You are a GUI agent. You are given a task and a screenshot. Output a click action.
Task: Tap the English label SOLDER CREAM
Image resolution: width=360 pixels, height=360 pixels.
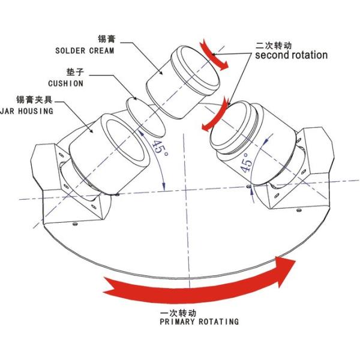point(85,51)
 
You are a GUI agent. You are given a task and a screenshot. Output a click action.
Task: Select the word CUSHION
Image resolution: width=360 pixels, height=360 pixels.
point(65,83)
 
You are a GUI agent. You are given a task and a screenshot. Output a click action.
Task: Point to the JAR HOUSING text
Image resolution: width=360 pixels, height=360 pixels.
point(26,112)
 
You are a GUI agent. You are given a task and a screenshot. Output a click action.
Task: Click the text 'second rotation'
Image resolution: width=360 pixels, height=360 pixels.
point(292,55)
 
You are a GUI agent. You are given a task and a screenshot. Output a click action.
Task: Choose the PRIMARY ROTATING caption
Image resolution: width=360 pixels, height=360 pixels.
point(199,322)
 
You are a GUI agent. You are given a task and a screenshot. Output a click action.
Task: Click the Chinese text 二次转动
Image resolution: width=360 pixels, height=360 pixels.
point(274,45)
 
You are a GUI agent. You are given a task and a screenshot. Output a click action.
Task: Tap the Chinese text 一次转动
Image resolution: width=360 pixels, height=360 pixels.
point(178,313)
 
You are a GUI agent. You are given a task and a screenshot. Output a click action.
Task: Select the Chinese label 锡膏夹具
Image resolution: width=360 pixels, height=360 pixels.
point(34,100)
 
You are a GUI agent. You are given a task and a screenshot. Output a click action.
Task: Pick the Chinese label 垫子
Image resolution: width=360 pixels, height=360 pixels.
point(76,72)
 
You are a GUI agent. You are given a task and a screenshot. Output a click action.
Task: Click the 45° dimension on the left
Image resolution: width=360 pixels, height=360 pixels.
point(160,147)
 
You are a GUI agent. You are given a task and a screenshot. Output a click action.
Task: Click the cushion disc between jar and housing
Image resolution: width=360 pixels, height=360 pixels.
point(146,118)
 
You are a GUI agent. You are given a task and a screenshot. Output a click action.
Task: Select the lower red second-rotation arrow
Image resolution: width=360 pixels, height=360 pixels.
point(215,114)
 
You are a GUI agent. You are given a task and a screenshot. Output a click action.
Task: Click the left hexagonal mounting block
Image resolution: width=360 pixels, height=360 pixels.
point(69,184)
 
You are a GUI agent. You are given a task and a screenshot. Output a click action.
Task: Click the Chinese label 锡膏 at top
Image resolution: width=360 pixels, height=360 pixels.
point(106,39)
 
